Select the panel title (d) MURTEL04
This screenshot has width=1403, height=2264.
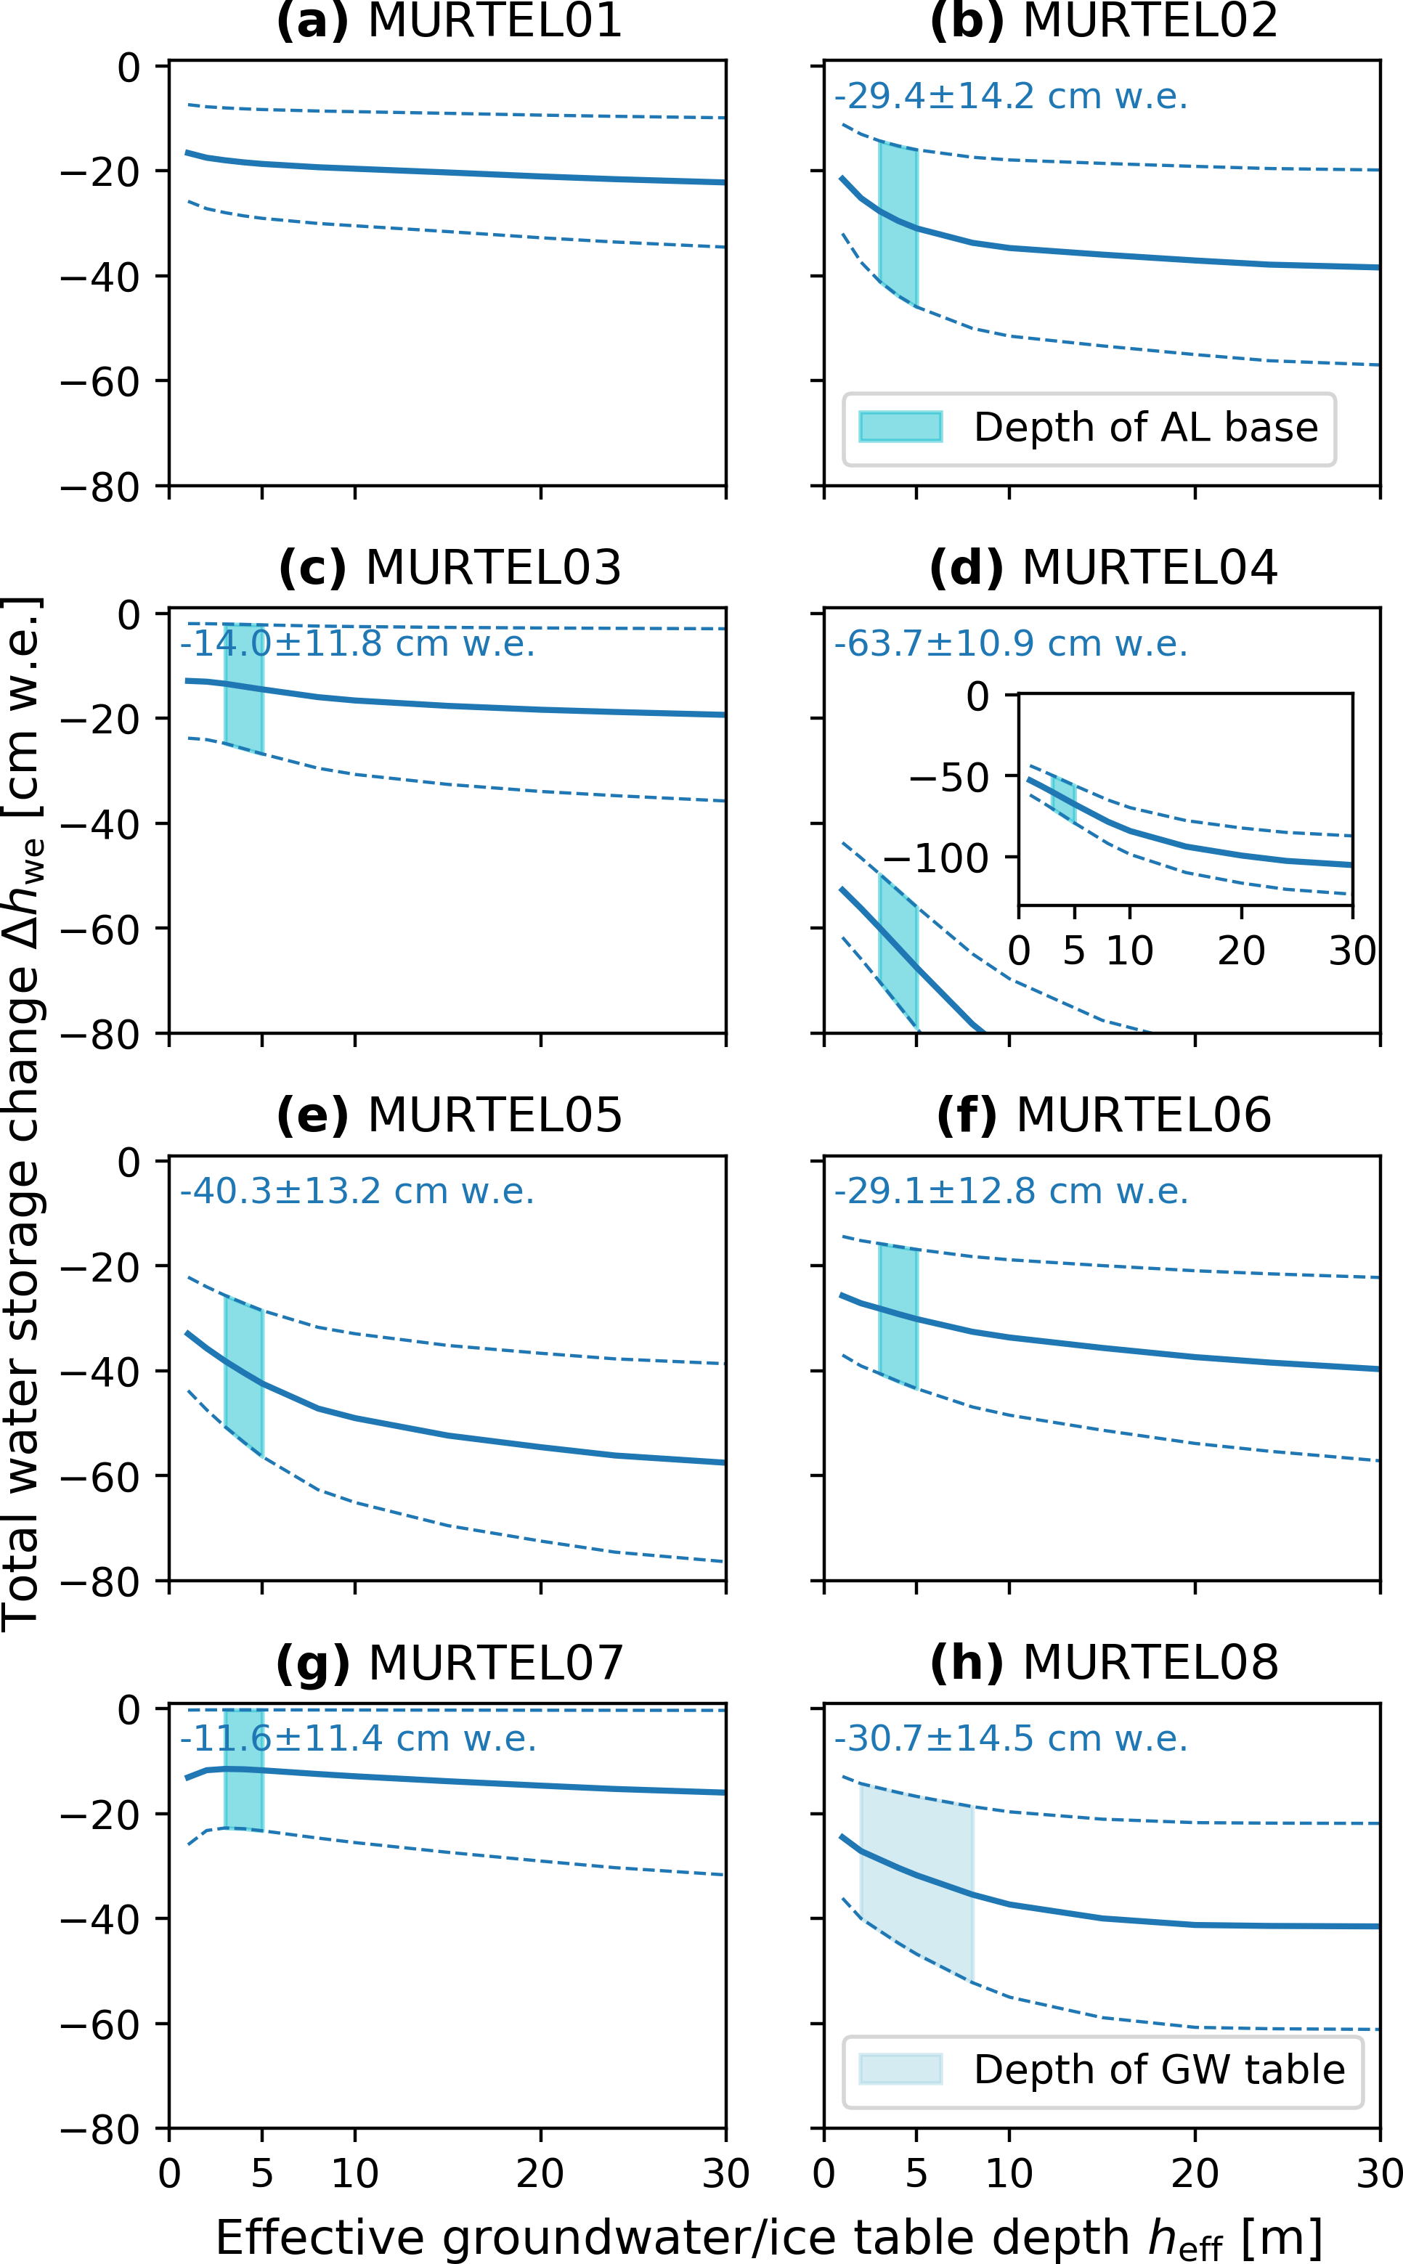(x=1103, y=568)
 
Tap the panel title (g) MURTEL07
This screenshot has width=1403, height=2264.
(x=449, y=1663)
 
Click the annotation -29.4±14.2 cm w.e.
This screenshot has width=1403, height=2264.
(x=1011, y=97)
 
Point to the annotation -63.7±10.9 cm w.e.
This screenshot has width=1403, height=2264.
(x=1011, y=644)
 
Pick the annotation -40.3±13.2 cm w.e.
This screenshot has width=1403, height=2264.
(x=357, y=1192)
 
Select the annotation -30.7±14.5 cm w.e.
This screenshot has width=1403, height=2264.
(x=1011, y=1739)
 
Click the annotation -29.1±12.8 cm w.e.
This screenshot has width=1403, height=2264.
(x=1011, y=1192)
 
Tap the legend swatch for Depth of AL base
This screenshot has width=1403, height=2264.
(x=900, y=427)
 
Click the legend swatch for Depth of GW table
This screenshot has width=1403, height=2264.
(x=900, y=2069)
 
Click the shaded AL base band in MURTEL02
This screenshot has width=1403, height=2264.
(x=898, y=223)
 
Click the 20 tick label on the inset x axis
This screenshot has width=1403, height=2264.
(x=1242, y=951)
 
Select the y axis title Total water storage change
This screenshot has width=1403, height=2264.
(x=23, y=1113)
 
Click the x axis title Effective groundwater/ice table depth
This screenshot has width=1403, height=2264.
(x=768, y=2237)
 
